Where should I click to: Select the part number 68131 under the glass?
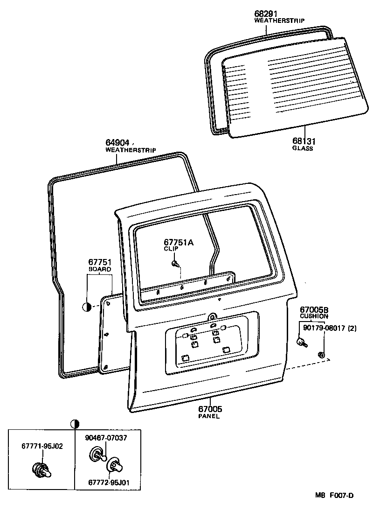[302, 140]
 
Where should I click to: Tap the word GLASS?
[302, 148]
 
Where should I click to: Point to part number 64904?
[118, 143]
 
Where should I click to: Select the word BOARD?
[100, 269]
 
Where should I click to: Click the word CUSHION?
[314, 316]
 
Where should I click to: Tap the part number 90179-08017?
[325, 328]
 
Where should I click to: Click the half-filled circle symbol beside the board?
[87, 307]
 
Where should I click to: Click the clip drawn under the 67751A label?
[175, 265]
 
